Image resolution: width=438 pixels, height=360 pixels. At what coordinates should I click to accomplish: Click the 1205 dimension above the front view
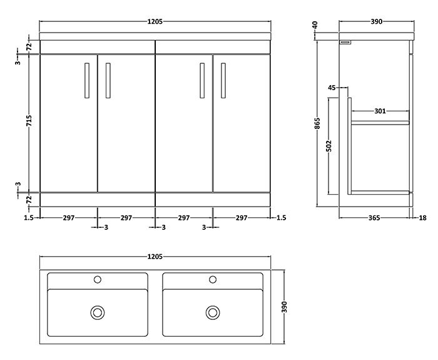[155, 21]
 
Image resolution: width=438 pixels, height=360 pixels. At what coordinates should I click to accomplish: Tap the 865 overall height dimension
[318, 123]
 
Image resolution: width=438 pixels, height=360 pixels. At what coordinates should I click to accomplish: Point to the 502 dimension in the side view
[329, 147]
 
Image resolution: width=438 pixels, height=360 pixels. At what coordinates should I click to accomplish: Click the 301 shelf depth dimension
[379, 111]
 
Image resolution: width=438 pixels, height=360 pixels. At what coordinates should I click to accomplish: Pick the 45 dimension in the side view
[332, 88]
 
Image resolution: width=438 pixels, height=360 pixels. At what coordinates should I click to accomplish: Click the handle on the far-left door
[86, 80]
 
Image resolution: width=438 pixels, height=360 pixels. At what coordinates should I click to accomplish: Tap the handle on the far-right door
[222, 80]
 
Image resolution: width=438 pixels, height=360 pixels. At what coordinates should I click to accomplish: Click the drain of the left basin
[98, 311]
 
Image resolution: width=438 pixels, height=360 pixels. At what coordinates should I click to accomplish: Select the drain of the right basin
[213, 311]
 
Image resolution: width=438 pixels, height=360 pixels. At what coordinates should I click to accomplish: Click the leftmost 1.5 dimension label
[28, 218]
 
